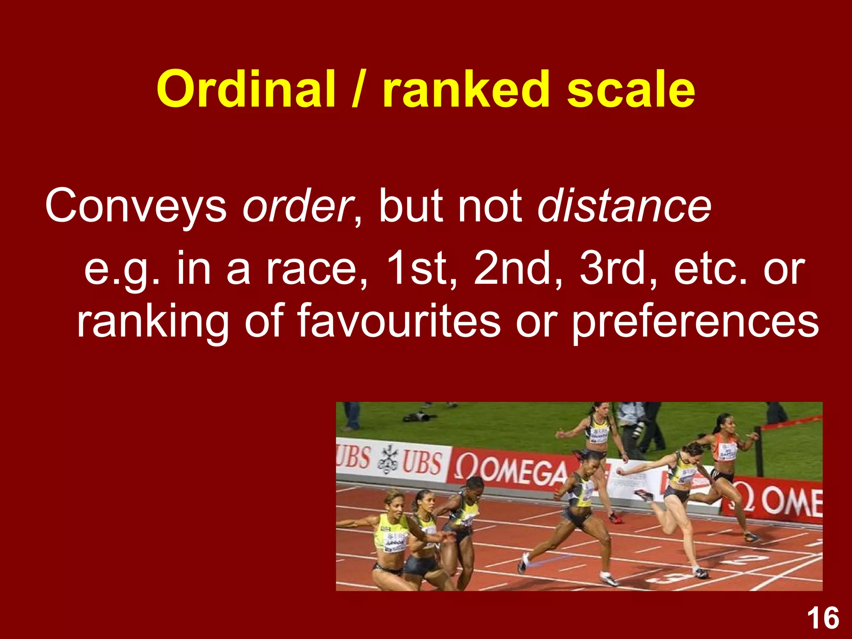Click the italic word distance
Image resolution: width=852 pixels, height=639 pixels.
(624, 206)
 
